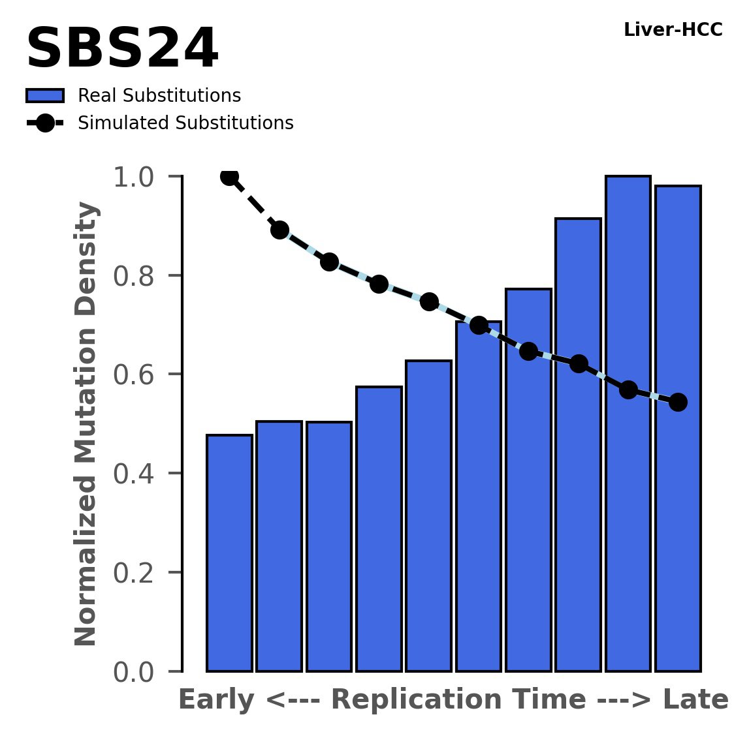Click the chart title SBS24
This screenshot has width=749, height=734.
[121, 50]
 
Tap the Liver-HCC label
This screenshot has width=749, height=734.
[673, 30]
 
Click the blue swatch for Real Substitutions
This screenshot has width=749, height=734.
[44, 96]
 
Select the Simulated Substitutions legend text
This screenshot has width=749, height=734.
[185, 123]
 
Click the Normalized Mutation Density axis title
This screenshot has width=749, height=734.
[86, 424]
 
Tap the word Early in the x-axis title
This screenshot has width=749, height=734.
[217, 700]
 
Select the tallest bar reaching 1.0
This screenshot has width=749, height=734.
[628, 424]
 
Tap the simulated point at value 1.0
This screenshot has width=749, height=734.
[229, 176]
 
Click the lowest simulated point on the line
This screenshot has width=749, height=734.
[678, 402]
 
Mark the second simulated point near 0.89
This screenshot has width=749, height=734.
[279, 230]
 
